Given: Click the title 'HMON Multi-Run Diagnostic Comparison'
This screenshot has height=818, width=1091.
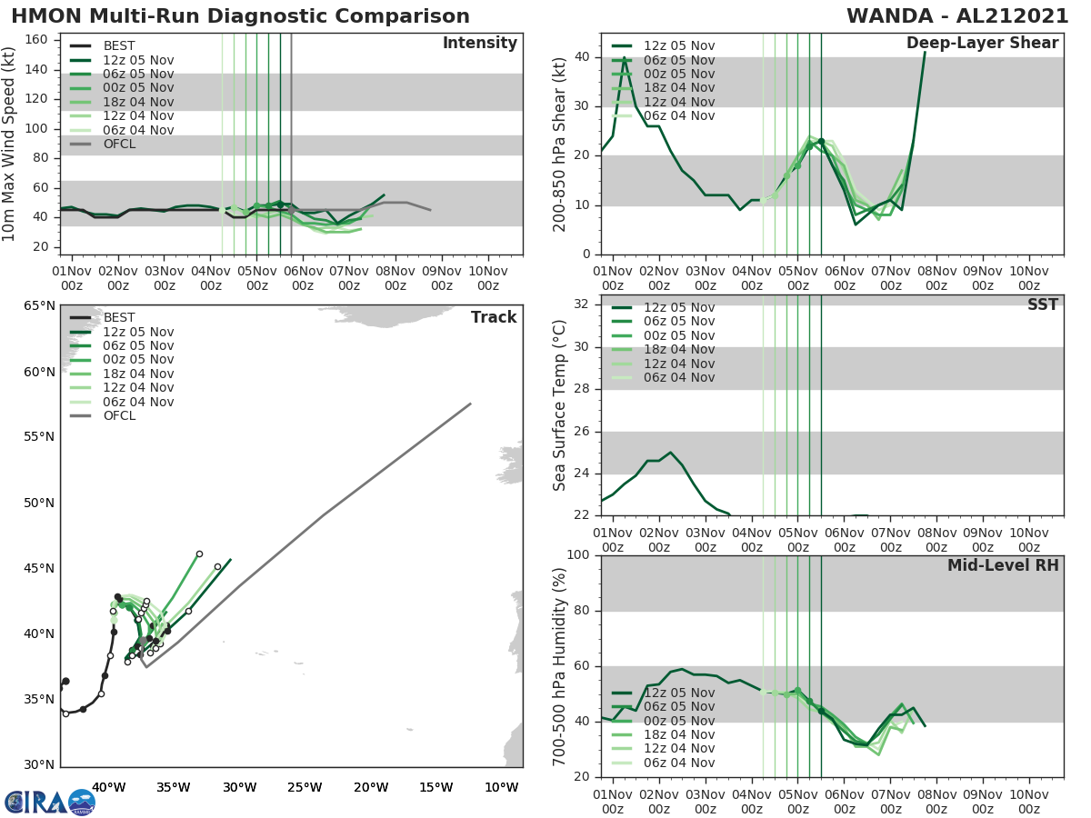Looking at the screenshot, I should click(240, 16).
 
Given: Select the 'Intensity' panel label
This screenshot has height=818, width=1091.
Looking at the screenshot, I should click(479, 44).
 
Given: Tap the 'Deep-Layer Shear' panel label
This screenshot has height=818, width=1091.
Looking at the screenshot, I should click(982, 44).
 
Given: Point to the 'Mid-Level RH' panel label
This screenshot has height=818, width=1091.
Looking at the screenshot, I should click(1003, 565).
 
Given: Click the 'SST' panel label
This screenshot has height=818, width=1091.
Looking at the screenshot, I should click(1043, 304).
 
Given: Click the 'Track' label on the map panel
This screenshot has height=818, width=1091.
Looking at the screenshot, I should click(494, 317).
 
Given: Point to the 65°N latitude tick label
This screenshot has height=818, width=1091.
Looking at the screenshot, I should click(38, 305).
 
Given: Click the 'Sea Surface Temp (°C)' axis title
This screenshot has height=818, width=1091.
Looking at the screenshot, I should click(560, 405).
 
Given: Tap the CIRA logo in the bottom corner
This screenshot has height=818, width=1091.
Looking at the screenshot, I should click(50, 802).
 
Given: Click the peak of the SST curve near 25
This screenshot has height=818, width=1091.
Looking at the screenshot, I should click(670, 452).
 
